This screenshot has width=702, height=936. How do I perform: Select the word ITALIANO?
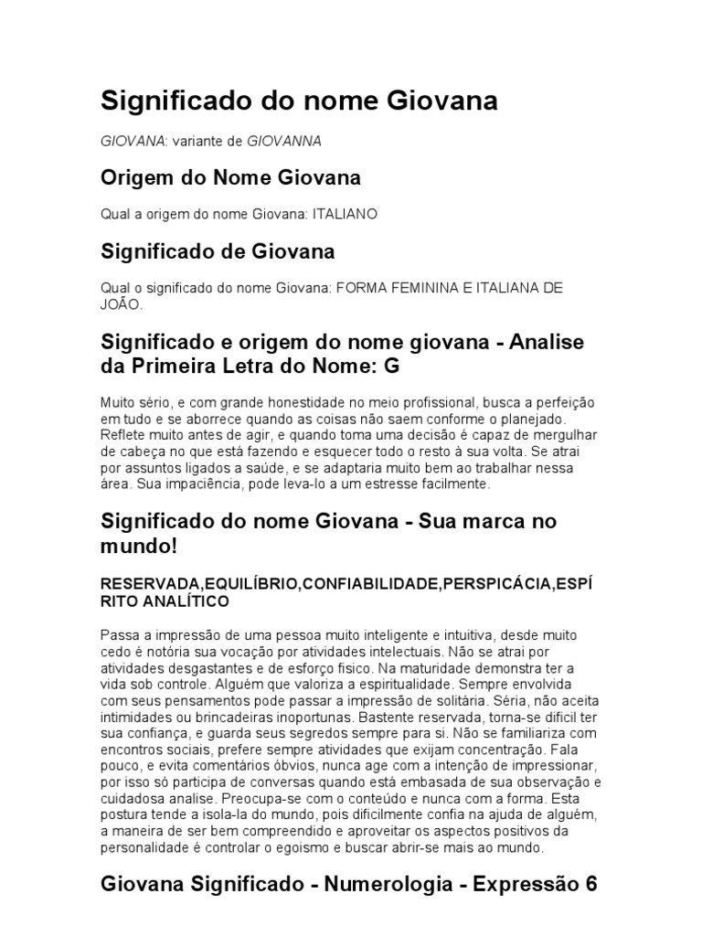(345, 213)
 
